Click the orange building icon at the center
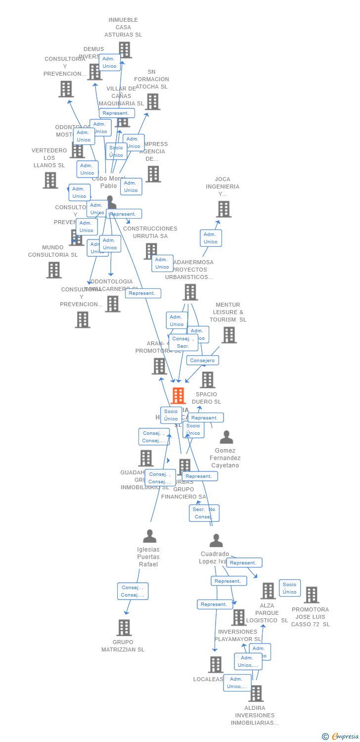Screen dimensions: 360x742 (x=178, y=396)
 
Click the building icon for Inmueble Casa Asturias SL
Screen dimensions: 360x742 (x=125, y=50)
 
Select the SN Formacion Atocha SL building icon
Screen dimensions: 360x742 (x=153, y=101)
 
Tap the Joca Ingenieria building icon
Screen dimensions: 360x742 (x=224, y=209)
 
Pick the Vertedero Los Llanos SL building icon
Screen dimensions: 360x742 (x=50, y=180)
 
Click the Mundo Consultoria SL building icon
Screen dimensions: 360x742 (x=54, y=270)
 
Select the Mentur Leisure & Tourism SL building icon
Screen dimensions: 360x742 (x=229, y=335)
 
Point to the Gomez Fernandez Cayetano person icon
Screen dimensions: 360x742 (x=226, y=437)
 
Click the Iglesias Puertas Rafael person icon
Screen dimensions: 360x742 (x=149, y=536)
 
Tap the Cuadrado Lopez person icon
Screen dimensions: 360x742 (x=216, y=541)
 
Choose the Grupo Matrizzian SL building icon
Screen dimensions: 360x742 (x=124, y=628)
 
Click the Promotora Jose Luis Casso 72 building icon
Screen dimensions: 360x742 (x=312, y=595)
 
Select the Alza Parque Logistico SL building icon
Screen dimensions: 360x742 (x=268, y=591)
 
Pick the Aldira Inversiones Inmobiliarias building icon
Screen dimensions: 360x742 (x=256, y=694)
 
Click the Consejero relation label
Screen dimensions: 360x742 (x=203, y=360)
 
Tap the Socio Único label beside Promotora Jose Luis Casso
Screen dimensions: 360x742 (x=290, y=588)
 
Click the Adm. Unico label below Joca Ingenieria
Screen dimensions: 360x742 (x=211, y=238)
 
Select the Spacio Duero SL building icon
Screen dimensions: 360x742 (x=207, y=380)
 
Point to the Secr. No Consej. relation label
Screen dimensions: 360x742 (x=204, y=513)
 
